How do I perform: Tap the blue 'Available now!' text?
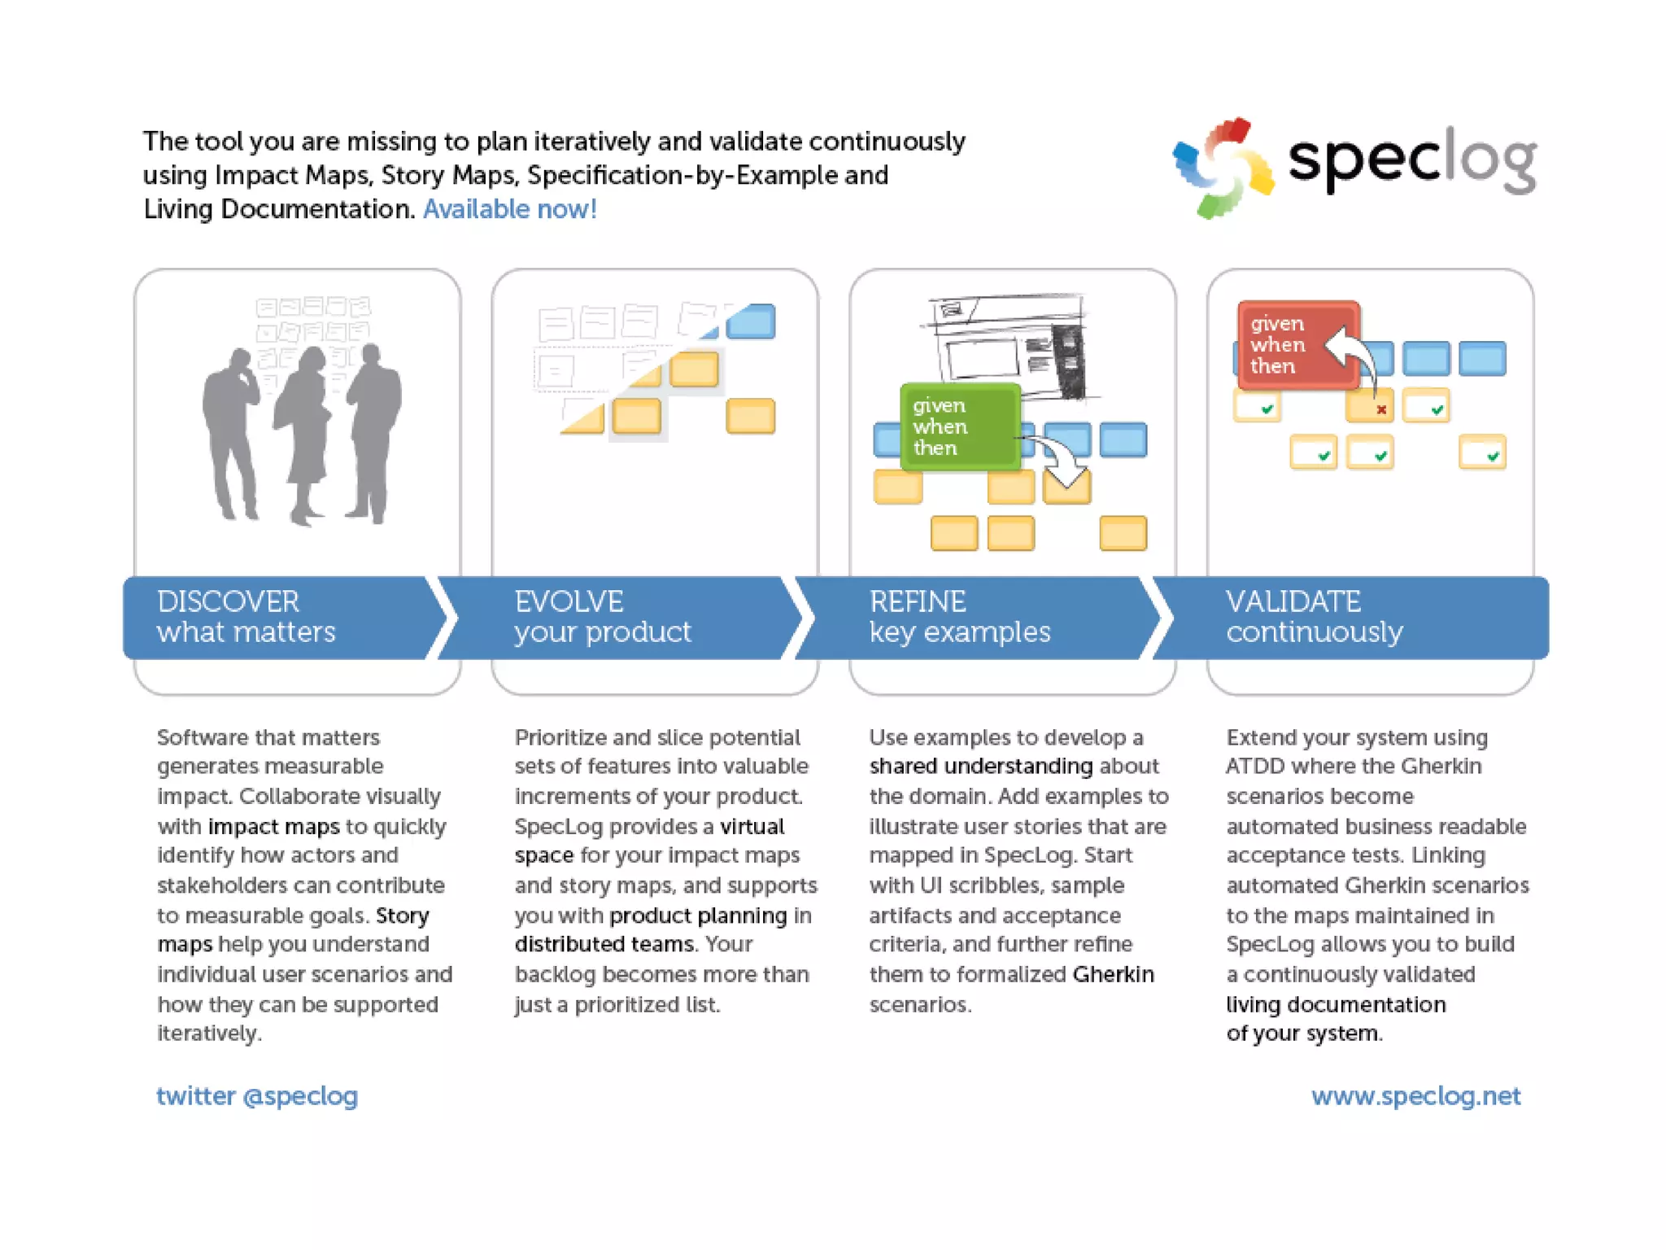click(510, 209)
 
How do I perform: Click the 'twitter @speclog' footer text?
click(257, 1096)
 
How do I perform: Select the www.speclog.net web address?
click(1415, 1096)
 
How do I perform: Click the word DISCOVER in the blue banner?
click(229, 601)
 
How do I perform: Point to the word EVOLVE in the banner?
click(569, 601)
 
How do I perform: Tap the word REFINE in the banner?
click(918, 601)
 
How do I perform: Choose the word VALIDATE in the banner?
click(1293, 601)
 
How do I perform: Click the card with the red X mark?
click(1370, 406)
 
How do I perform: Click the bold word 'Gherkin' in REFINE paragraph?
click(1113, 974)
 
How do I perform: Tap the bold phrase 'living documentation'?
click(1336, 1004)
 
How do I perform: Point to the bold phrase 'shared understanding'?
click(980, 766)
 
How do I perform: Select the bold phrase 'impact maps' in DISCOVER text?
click(273, 826)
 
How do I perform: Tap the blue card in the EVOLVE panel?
click(751, 321)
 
